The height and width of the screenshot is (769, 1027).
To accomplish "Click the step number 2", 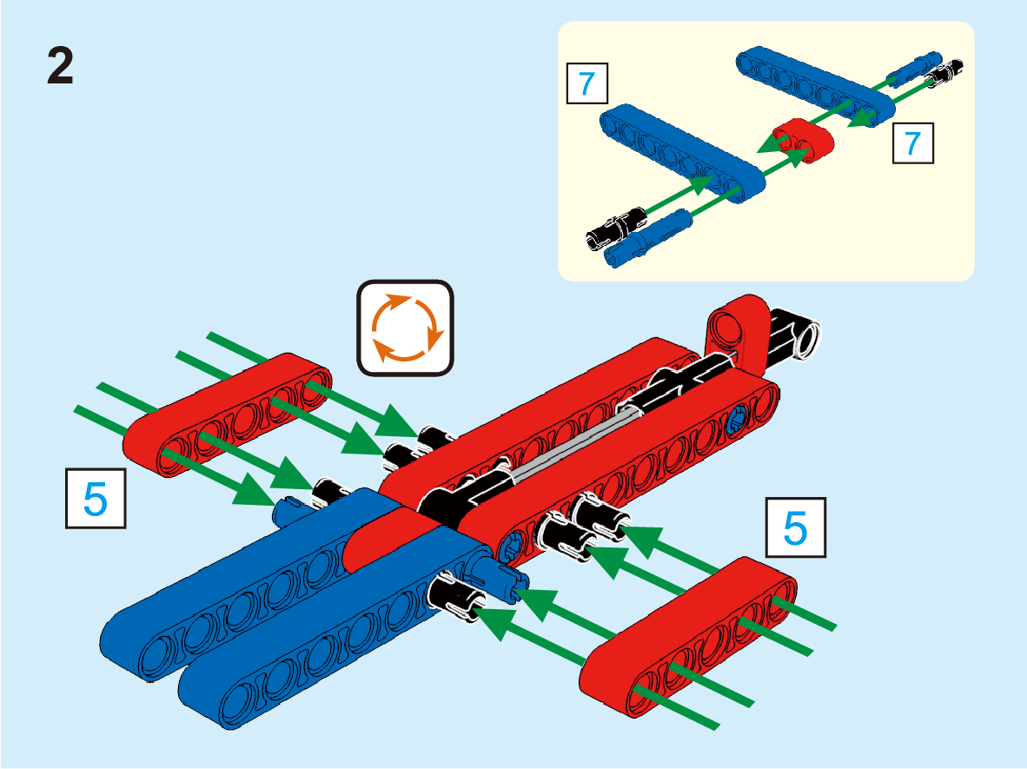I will coord(60,67).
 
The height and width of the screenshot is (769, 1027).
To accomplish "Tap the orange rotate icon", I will coord(406,328).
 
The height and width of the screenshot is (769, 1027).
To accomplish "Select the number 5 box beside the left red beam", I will coord(96,498).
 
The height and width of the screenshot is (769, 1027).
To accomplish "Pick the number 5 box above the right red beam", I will coord(795,527).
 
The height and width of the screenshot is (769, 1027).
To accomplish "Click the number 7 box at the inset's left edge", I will coord(586,84).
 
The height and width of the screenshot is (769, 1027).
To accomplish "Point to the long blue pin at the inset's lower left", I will coord(650,237).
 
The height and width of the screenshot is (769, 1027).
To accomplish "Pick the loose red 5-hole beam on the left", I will coord(230,413).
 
